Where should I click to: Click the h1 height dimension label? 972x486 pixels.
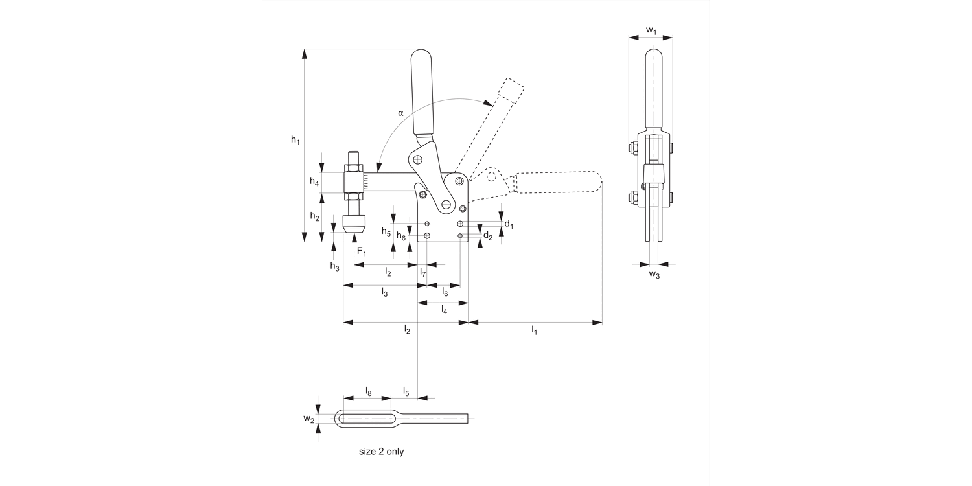(295, 140)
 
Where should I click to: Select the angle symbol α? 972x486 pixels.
(400, 113)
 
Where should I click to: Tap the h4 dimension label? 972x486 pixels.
(314, 182)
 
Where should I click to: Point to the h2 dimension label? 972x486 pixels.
(314, 216)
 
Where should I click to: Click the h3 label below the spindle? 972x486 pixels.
(334, 266)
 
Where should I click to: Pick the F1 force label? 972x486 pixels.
(361, 251)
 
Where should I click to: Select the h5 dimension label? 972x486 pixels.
(386, 231)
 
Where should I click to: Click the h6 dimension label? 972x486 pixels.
(401, 237)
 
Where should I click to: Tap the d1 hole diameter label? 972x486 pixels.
(509, 224)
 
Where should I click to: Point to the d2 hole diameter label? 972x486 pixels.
(488, 237)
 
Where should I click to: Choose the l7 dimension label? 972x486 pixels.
(422, 272)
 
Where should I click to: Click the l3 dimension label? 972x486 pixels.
(384, 293)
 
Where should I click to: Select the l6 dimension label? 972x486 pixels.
(445, 293)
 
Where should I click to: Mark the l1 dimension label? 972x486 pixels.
(535, 330)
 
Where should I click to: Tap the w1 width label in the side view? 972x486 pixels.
(651, 30)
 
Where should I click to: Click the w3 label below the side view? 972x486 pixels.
(654, 275)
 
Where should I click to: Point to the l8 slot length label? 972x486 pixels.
(368, 391)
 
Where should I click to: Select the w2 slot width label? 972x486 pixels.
(309, 419)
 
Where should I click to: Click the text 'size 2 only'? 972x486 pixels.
(381, 452)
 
